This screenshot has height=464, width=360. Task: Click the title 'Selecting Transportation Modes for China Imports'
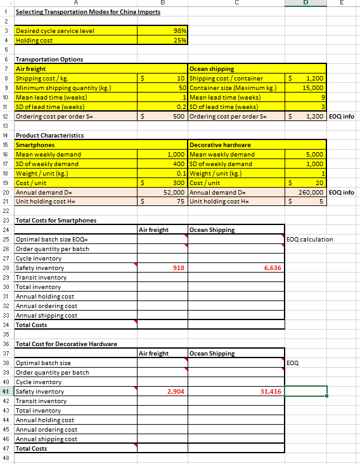point(87,12)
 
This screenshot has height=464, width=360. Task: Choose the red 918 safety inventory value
point(179,268)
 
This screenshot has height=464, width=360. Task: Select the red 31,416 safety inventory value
point(271,391)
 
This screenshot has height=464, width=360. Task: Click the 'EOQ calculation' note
point(310,240)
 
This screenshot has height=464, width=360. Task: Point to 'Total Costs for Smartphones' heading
point(56,220)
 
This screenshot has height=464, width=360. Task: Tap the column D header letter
point(306,3)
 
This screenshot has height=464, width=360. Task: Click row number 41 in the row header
point(6,391)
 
